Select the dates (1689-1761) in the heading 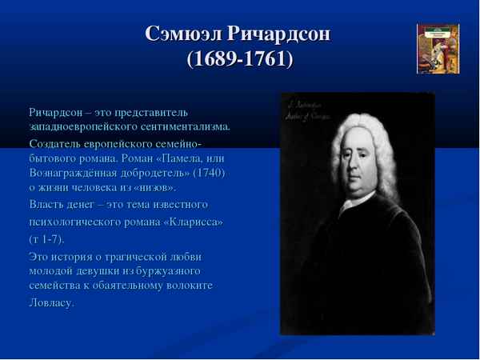[x=239, y=61]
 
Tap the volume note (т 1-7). [x=47, y=238]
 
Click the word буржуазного [x=173, y=270]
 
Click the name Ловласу [x=51, y=302]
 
